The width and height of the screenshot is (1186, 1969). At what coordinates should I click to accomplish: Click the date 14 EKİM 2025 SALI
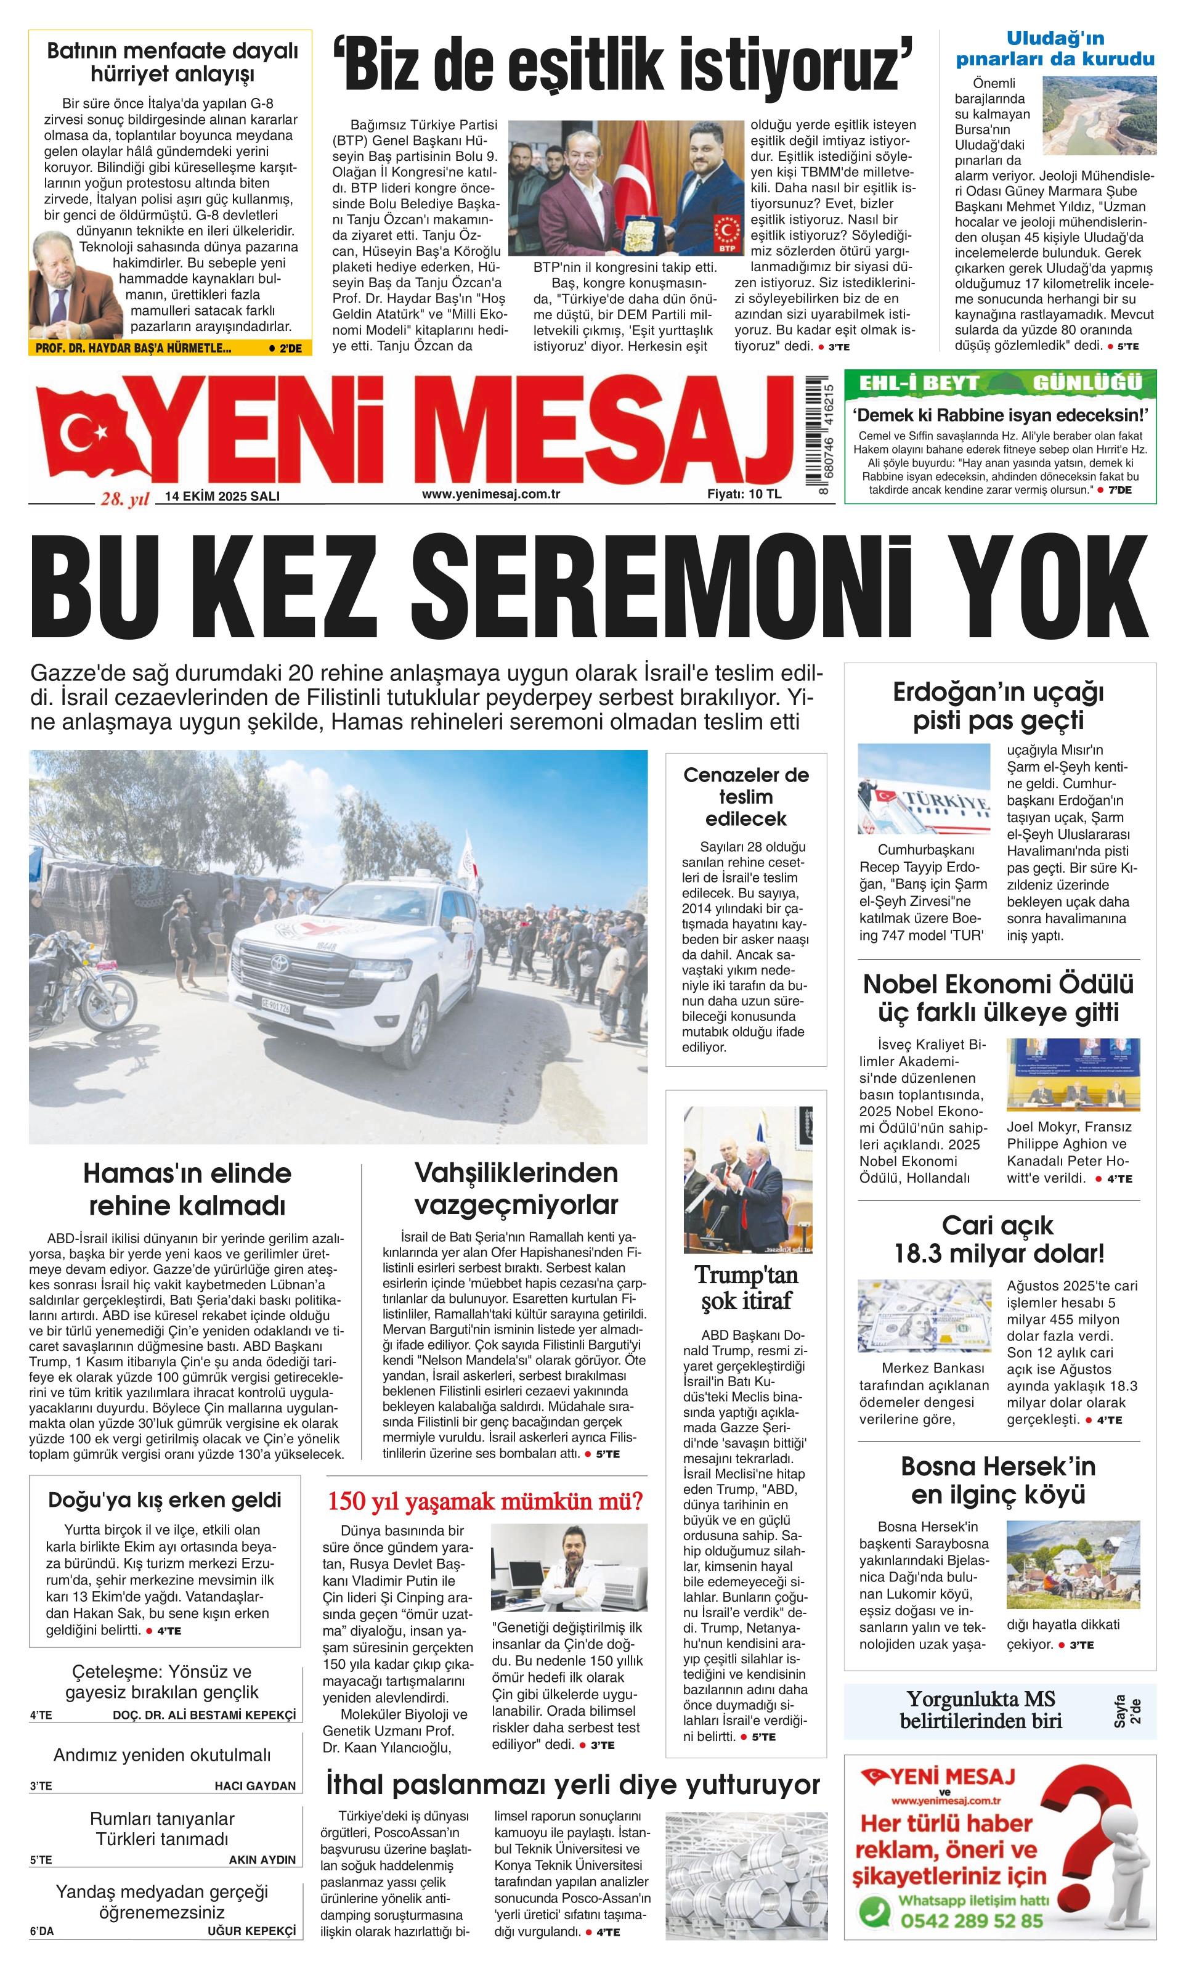(x=222, y=495)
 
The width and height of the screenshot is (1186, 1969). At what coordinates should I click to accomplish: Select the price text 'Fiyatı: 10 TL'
(x=744, y=494)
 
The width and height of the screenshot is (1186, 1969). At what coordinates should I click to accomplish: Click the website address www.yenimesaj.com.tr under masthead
(x=490, y=494)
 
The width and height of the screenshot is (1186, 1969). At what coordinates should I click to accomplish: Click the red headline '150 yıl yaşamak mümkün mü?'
(x=485, y=1501)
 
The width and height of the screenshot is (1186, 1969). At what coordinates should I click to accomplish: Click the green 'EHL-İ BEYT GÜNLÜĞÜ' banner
(x=1000, y=383)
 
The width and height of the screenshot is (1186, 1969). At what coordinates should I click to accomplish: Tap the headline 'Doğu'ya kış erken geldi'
(x=164, y=1499)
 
